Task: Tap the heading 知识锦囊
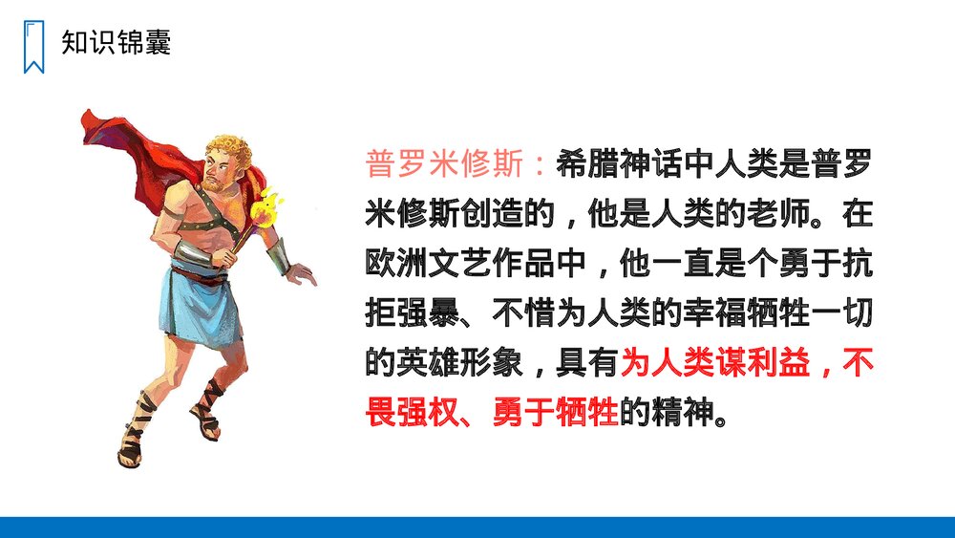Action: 116,42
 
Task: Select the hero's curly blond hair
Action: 230,153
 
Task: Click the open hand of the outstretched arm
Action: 302,273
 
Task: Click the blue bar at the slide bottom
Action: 477,527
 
